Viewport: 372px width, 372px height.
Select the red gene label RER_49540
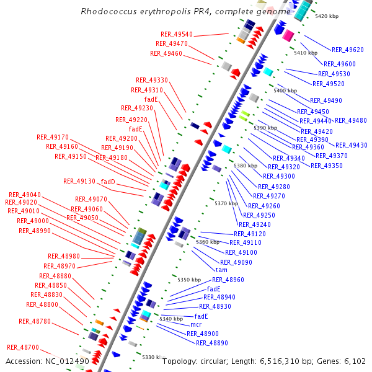tap(177, 34)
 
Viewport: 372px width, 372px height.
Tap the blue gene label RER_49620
tap(348, 50)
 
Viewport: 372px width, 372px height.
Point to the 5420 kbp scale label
tap(327, 17)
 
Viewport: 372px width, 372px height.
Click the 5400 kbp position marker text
tap(285, 91)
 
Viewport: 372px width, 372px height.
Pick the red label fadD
tap(108, 182)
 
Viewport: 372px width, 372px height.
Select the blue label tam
tap(221, 270)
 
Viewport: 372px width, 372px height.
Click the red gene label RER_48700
tap(23, 347)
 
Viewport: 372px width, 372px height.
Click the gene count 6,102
tap(355, 361)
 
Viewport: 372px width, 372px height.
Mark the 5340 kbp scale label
tap(172, 319)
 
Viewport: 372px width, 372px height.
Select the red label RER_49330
tap(152, 80)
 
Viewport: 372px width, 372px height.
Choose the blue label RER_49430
tap(351, 145)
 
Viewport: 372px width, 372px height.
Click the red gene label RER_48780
tap(35, 321)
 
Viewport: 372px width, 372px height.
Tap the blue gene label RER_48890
tap(212, 343)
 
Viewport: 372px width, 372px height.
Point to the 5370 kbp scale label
tap(226, 203)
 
